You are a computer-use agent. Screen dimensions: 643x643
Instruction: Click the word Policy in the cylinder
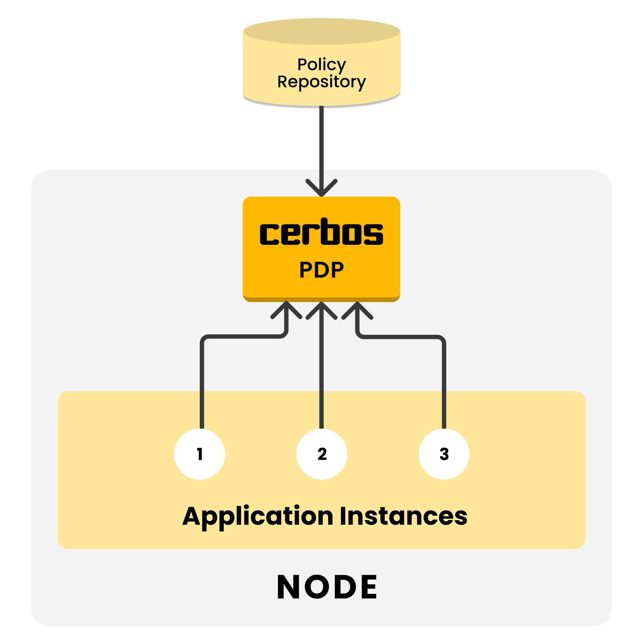321,64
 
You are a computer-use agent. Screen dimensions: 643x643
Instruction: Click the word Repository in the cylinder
321,82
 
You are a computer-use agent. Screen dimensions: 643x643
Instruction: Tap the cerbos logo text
321,232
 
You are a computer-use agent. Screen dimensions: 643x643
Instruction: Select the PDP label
321,270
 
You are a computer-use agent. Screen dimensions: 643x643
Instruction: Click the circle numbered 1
200,454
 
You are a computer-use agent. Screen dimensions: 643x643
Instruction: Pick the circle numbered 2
322,454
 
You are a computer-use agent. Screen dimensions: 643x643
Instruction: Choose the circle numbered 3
444,454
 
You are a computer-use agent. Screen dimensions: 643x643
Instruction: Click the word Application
258,516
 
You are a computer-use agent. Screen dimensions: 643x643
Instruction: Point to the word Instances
404,516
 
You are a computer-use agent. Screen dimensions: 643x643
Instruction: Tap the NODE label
327,587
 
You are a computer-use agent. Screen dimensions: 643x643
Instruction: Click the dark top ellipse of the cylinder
321,31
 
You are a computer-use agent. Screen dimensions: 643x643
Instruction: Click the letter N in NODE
289,587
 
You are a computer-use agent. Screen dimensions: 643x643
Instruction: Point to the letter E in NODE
367,587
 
